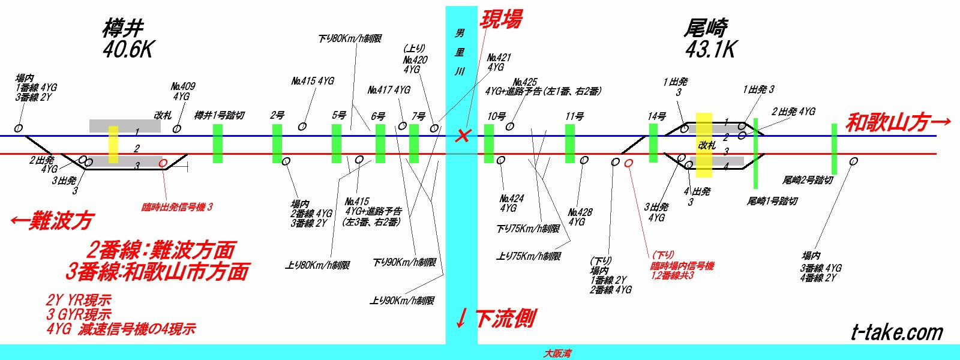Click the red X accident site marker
click(462, 136)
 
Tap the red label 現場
click(501, 19)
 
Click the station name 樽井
click(123, 28)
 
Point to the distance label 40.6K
click(127, 49)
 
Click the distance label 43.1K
click(710, 49)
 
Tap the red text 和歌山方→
click(898, 122)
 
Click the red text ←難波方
click(53, 221)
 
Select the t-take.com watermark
click(897, 332)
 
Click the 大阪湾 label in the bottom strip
click(557, 353)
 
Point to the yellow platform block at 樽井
click(113, 144)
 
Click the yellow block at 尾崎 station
click(704, 145)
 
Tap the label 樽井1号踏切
click(219, 115)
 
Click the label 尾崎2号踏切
click(807, 180)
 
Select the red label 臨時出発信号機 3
click(177, 207)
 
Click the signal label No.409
click(182, 86)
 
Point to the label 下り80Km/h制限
click(350, 38)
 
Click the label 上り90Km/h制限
click(402, 301)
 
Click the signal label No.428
click(580, 212)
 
